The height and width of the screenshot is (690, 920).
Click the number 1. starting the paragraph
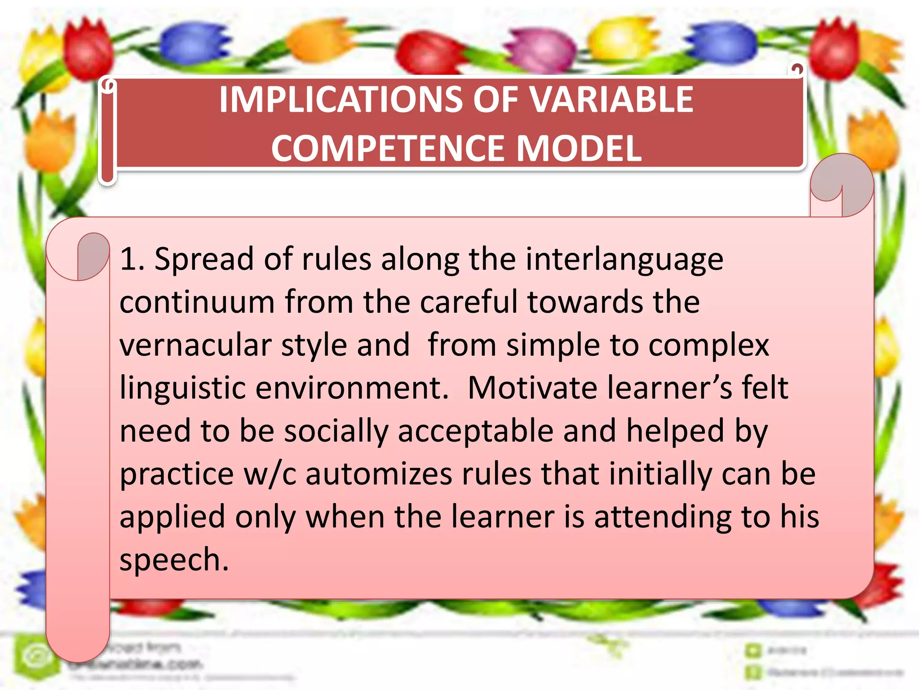[x=132, y=259]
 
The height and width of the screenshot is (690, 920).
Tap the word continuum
[x=197, y=302]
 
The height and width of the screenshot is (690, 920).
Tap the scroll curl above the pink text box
[x=842, y=184]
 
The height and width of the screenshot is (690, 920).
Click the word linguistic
[x=182, y=388]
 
